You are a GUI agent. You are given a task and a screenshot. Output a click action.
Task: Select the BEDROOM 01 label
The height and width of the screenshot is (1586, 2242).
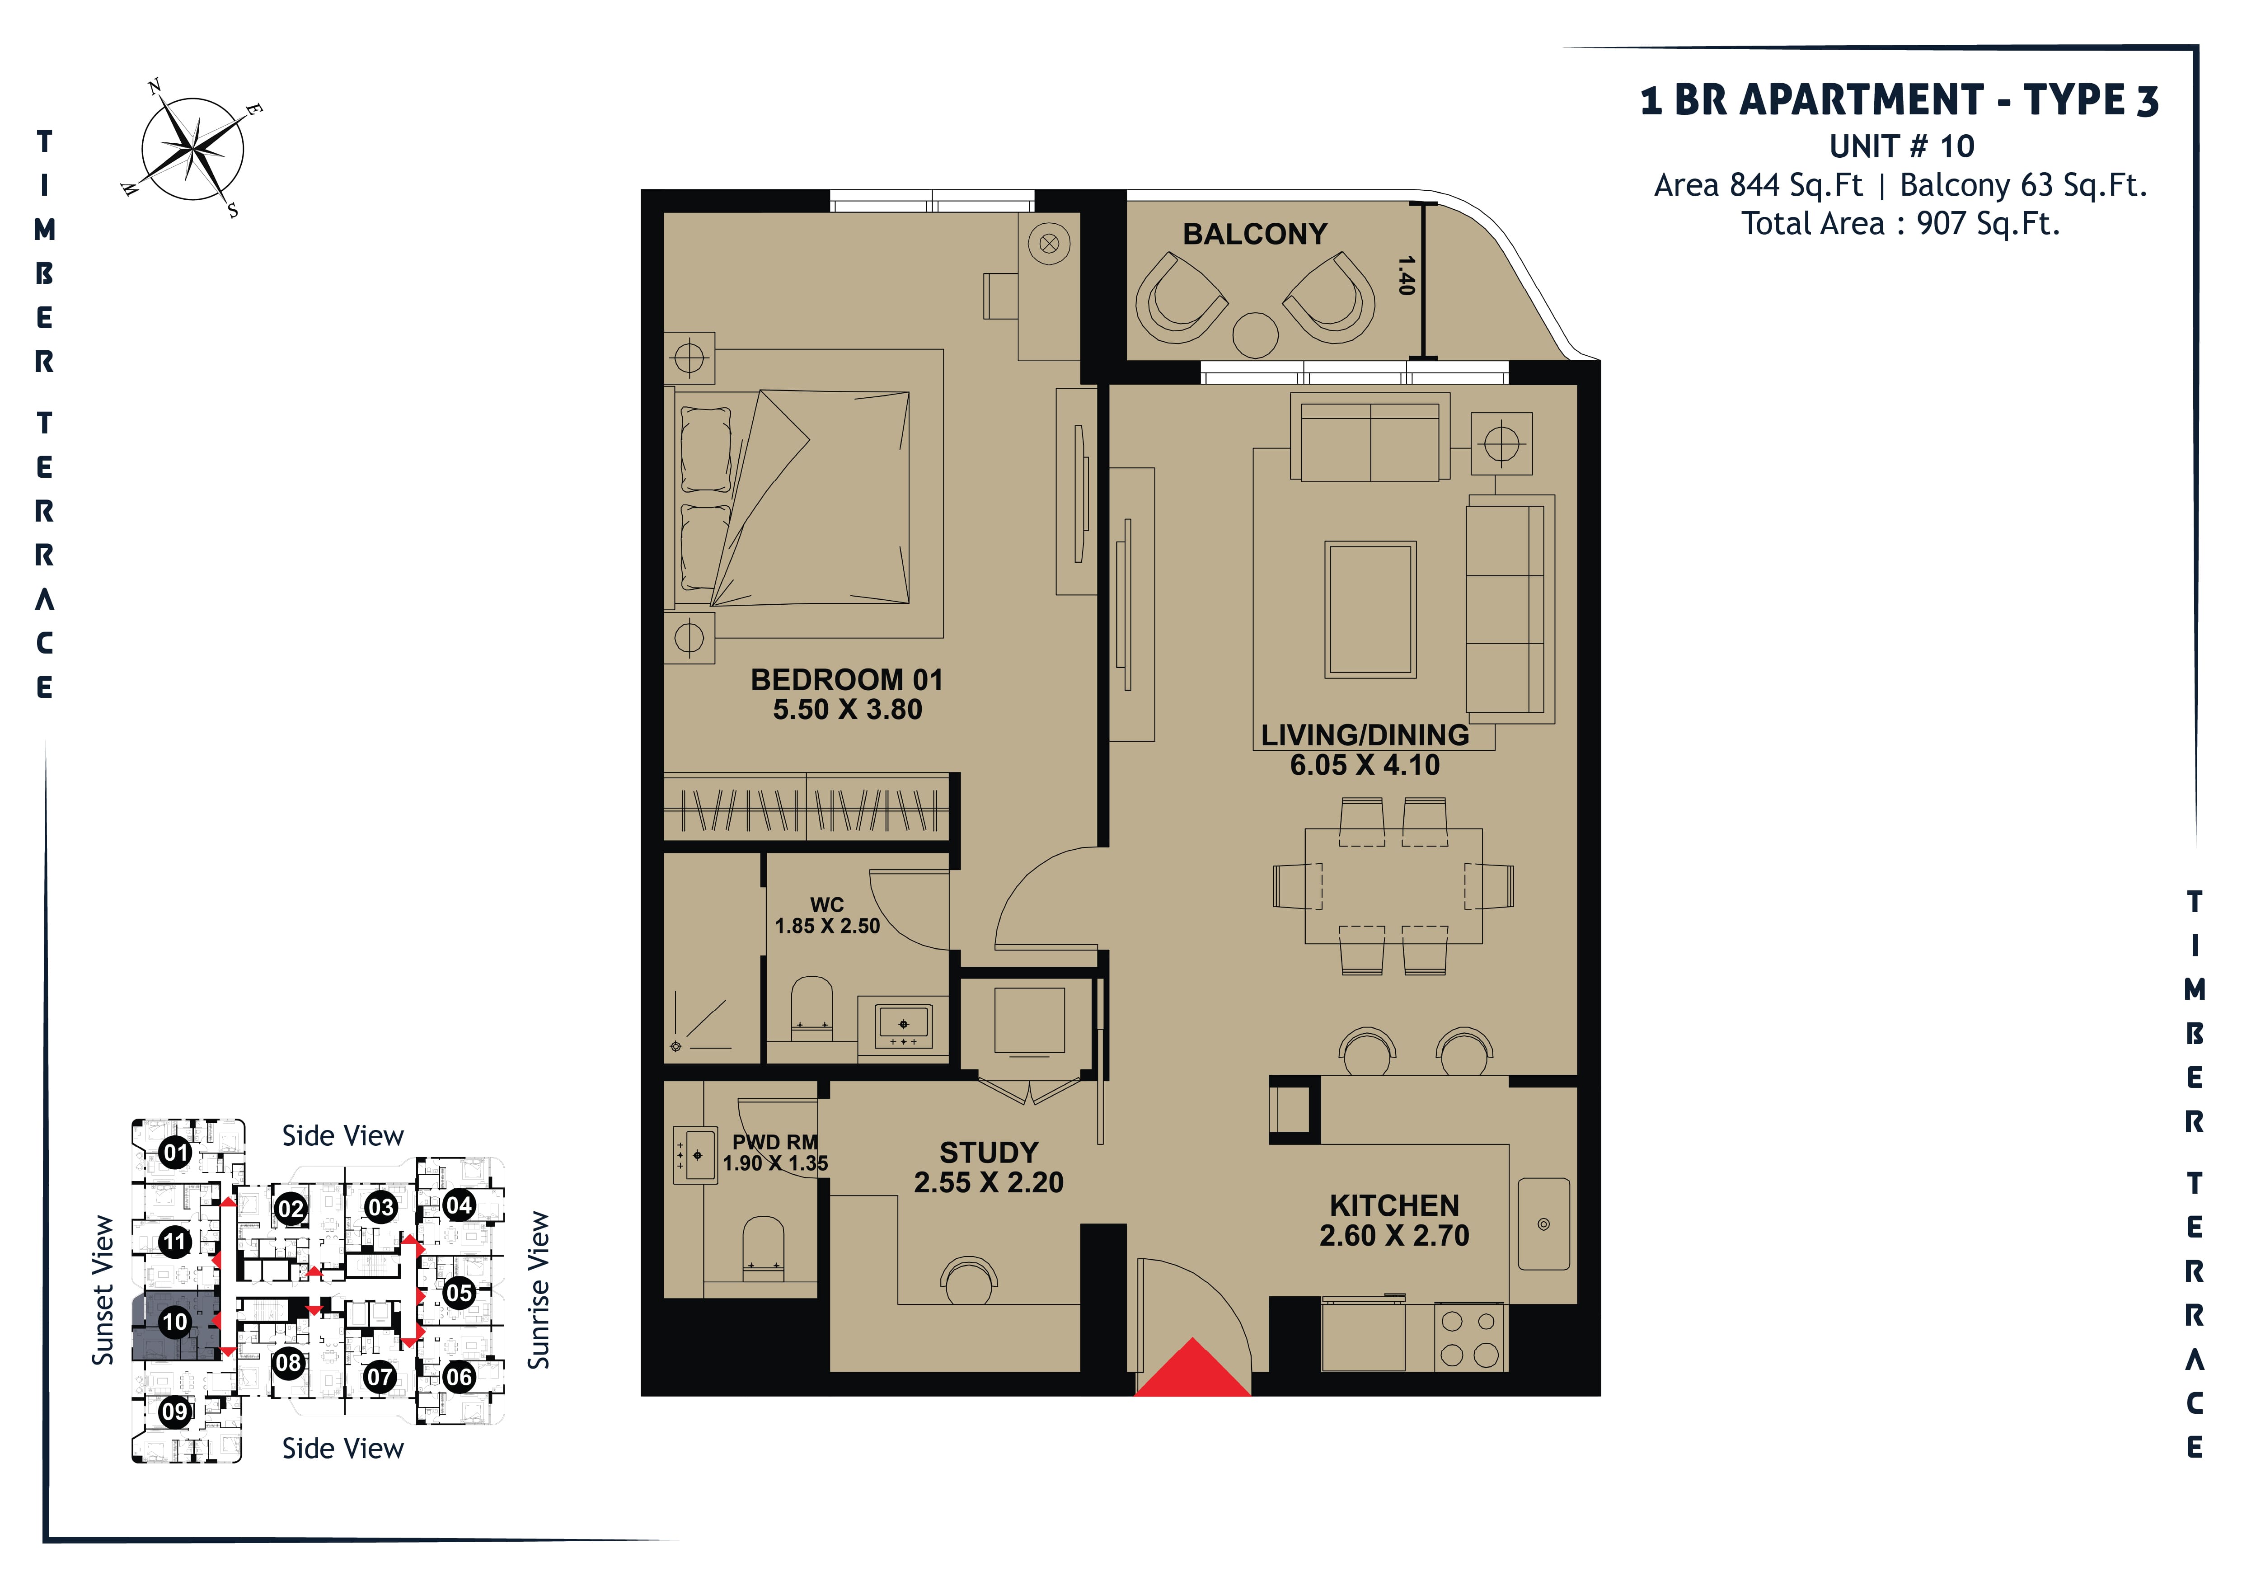[847, 680]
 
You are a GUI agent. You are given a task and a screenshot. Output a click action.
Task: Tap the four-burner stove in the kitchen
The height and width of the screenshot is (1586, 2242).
[1470, 1337]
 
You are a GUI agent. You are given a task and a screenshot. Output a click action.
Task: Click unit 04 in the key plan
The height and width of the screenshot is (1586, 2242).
[459, 1205]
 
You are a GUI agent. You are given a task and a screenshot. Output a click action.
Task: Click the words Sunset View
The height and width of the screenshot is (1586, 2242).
[103, 1290]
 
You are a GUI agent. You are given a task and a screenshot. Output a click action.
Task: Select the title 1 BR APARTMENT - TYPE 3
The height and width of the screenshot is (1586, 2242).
[1899, 99]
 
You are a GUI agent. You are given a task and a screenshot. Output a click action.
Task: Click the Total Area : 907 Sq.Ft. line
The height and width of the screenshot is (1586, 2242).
[1900, 224]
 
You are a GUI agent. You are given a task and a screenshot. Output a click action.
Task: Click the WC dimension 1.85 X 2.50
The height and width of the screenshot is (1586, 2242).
[827, 926]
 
